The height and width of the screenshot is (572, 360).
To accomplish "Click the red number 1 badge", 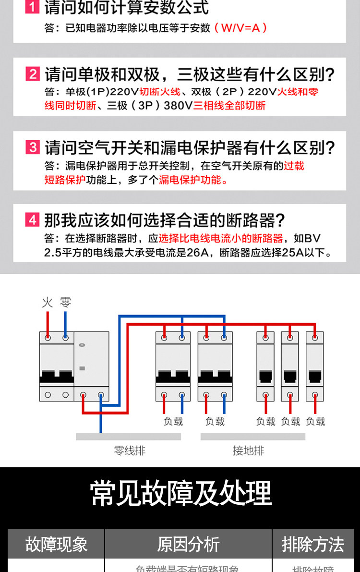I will (32, 8).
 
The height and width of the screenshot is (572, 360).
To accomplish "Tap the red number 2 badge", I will (32, 74).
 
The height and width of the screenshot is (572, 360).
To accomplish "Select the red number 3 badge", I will (32, 147).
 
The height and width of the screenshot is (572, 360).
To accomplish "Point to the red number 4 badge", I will (32, 220).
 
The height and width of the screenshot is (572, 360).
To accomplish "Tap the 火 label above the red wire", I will (47, 302).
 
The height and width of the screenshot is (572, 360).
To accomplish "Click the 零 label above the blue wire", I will (65, 302).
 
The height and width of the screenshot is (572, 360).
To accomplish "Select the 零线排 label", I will (129, 450).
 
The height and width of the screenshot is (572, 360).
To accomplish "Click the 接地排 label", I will (248, 450).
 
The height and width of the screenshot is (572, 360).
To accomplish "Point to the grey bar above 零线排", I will (128, 437).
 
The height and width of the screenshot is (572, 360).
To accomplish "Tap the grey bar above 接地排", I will (252, 437).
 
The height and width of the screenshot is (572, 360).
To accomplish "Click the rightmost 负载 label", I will (315, 421).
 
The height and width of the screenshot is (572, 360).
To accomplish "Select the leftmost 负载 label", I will (173, 421).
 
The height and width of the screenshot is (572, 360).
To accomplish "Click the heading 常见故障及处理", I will (180, 493).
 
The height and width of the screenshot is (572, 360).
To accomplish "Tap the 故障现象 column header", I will (56, 544).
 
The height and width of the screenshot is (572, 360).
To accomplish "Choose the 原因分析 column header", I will (188, 544).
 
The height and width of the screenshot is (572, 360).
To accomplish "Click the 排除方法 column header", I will (313, 544).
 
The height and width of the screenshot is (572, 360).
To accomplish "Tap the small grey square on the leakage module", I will (82, 368).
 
